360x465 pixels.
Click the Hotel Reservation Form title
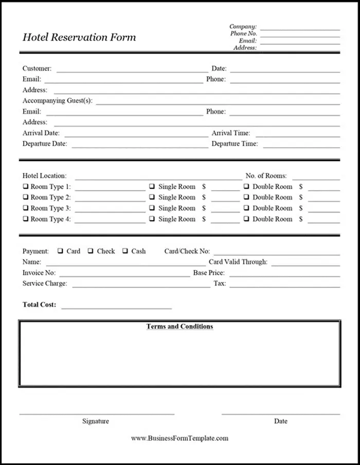(x=79, y=38)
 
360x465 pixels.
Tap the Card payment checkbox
(x=60, y=251)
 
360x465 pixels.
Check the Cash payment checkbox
(x=125, y=251)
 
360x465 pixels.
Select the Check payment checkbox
(x=91, y=251)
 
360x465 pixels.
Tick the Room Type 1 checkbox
(x=25, y=187)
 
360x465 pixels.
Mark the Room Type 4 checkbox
(x=25, y=219)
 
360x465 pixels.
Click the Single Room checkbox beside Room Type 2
(x=152, y=198)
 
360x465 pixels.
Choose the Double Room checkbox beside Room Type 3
(x=246, y=208)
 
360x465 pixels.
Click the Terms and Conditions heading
(x=179, y=327)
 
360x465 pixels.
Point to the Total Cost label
(x=39, y=305)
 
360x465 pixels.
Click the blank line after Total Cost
(x=116, y=308)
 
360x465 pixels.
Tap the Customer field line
(x=132, y=70)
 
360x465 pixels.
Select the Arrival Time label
(x=231, y=133)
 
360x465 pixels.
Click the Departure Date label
(x=45, y=144)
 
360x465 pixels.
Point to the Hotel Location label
(x=44, y=176)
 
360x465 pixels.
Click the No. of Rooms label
(x=266, y=176)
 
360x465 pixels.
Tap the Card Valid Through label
(x=238, y=262)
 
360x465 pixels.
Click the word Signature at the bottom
(x=96, y=421)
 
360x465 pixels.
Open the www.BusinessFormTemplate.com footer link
(x=179, y=438)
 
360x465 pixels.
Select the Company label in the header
(x=243, y=27)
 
